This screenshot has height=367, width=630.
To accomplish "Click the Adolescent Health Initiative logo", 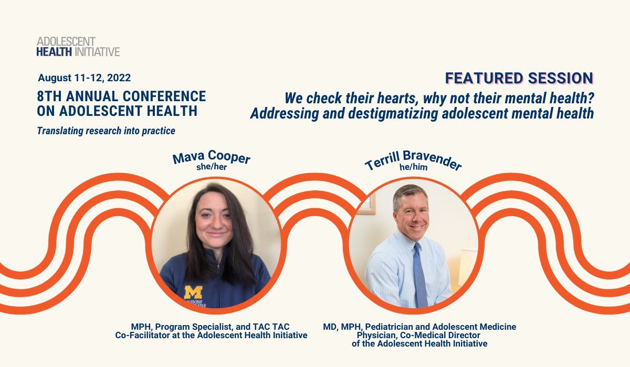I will [78, 47].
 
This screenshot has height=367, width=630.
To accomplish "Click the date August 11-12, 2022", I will [84, 78].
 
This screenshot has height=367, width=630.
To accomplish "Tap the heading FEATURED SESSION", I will [519, 79].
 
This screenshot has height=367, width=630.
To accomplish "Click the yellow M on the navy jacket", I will [193, 292].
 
